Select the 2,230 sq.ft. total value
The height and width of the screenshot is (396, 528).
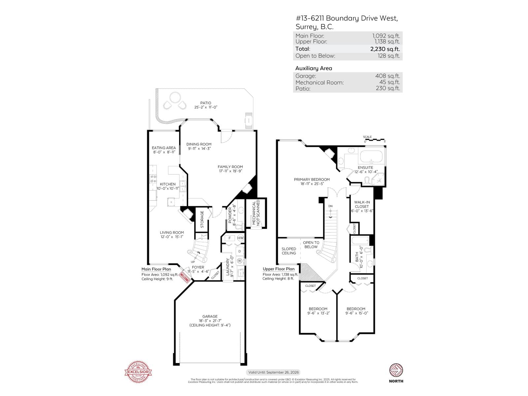pyautogui.click(x=385, y=49)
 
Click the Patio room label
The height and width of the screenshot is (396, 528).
pyautogui.click(x=206, y=103)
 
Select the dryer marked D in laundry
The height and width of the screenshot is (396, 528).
pyautogui.click(x=240, y=251)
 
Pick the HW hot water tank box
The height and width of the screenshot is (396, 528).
pyautogui.click(x=240, y=238)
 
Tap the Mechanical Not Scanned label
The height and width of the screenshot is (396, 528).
pyautogui.click(x=256, y=213)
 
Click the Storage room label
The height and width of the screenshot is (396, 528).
pyautogui.click(x=202, y=219)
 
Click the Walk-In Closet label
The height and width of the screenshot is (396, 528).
pyautogui.click(x=362, y=207)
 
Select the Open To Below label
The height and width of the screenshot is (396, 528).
pyautogui.click(x=311, y=245)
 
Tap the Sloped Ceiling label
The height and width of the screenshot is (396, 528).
pyautogui.click(x=289, y=251)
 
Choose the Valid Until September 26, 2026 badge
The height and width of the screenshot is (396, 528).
pyautogui.click(x=274, y=372)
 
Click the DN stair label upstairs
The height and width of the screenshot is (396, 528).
pyautogui.click(x=330, y=206)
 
